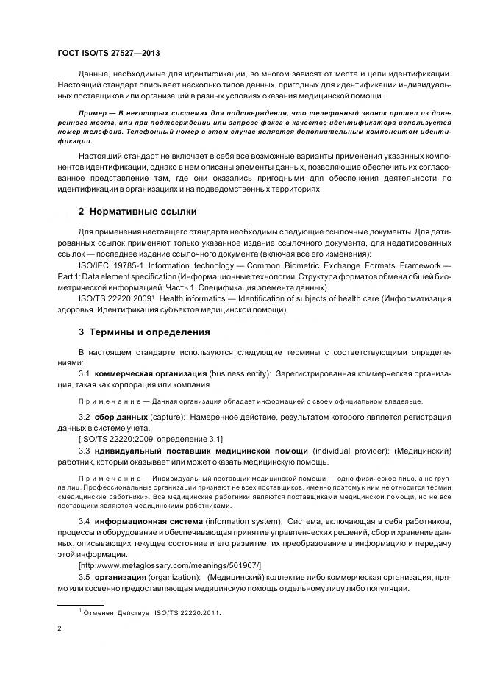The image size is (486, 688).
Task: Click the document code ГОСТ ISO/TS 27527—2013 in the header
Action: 108,54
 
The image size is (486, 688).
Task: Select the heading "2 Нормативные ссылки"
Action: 137,212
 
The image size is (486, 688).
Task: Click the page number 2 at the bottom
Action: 60,628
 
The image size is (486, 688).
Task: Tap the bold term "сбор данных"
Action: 123,417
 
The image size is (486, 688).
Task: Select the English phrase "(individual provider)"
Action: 351,450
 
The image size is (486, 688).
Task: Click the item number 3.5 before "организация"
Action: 85,577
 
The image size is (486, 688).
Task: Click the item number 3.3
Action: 85,450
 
